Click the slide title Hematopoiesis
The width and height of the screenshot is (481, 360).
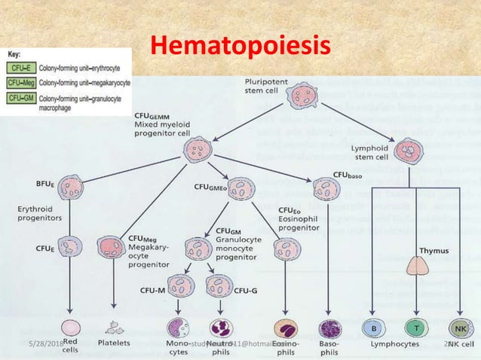[240, 45]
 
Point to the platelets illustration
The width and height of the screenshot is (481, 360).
[115, 328]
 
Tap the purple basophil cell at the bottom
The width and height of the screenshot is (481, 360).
[330, 328]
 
